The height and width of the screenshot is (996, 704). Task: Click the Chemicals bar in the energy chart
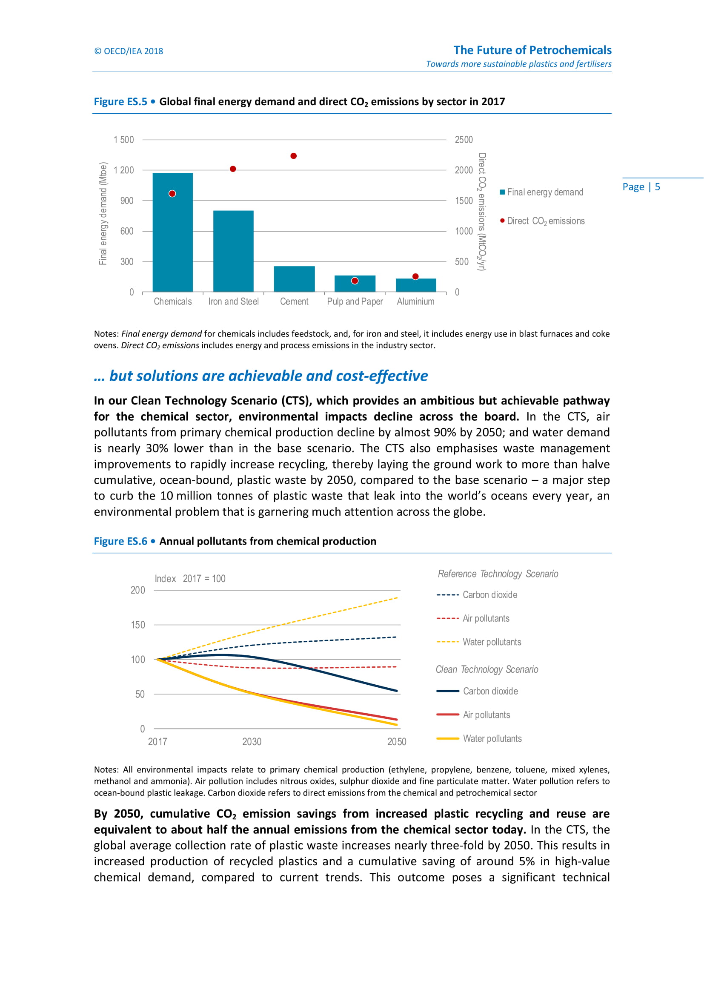(x=172, y=232)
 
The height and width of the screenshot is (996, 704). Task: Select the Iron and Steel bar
(x=233, y=251)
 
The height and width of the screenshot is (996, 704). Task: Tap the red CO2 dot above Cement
(x=294, y=156)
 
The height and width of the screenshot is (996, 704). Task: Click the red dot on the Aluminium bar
(x=415, y=276)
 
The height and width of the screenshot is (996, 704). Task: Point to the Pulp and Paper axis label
(x=355, y=301)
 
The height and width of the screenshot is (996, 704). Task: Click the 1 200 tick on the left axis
(x=123, y=170)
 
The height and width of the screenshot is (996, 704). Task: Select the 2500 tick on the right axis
(x=464, y=140)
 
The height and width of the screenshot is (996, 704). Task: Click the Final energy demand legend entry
(x=541, y=192)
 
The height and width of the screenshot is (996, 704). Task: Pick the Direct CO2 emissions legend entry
(x=542, y=221)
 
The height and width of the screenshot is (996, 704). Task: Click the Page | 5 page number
(x=641, y=187)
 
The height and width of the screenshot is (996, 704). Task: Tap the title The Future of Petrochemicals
(x=532, y=50)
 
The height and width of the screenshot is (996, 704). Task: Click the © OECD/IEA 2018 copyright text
(x=129, y=51)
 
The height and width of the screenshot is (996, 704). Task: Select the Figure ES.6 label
(x=120, y=541)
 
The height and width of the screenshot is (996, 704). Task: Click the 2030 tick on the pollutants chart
(x=252, y=741)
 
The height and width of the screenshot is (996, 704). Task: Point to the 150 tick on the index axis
(x=138, y=625)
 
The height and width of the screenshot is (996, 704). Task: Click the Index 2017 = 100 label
(x=190, y=579)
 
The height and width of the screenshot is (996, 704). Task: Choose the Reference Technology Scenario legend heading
(x=498, y=574)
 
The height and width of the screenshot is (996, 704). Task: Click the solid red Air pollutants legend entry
(x=473, y=715)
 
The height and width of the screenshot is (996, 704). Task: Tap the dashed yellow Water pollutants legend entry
(x=478, y=642)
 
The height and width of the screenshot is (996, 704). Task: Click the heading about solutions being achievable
(x=261, y=376)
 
